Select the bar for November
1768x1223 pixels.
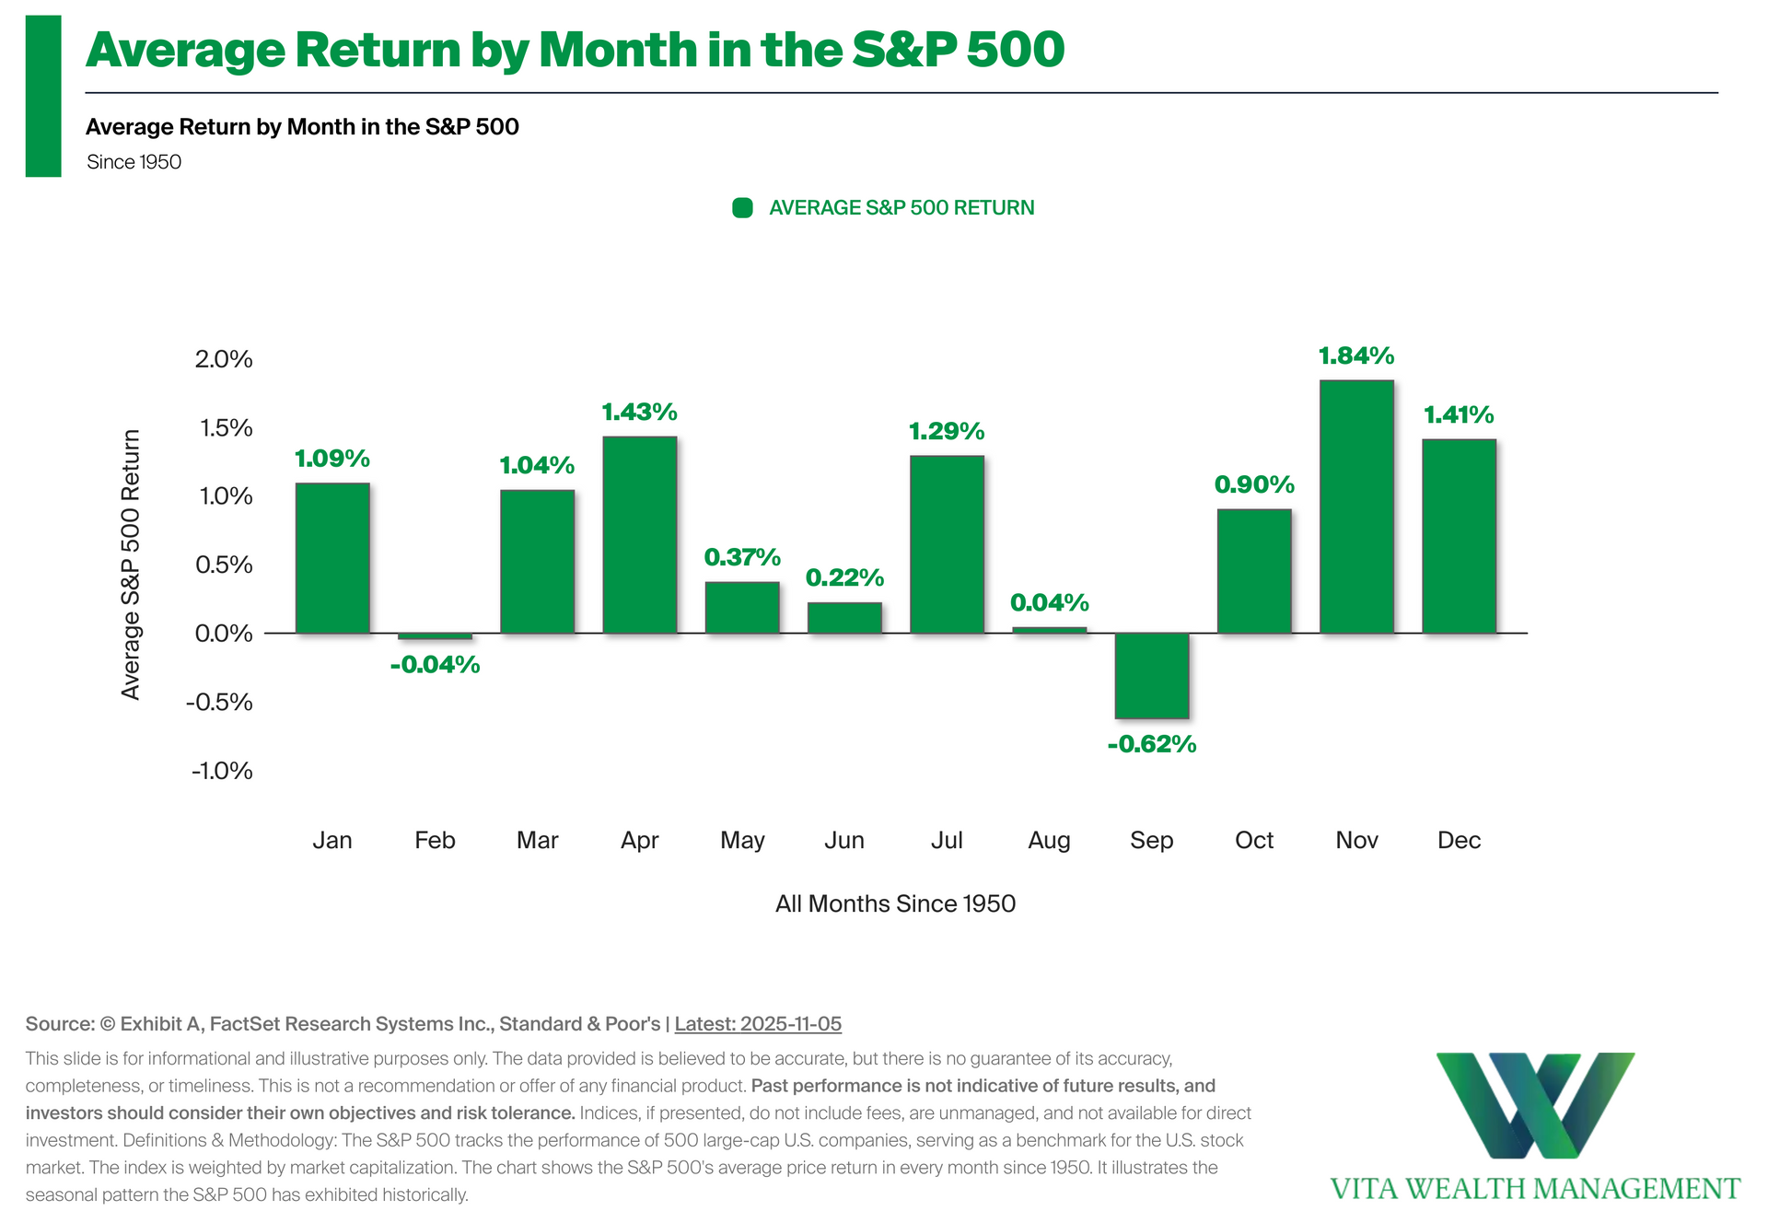(1356, 507)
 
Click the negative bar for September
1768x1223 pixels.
(1151, 675)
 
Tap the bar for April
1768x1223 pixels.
(640, 534)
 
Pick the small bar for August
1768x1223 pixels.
(1049, 630)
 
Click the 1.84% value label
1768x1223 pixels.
(1356, 355)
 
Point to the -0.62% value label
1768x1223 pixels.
(1151, 744)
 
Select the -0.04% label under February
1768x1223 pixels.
(435, 665)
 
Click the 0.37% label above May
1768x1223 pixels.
(742, 557)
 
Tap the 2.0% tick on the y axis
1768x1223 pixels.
(224, 359)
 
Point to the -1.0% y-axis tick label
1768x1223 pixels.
(222, 771)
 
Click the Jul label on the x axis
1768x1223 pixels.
(947, 840)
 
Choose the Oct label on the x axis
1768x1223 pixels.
(1254, 840)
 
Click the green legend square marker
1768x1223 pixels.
(742, 208)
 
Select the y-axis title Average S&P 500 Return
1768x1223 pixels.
(132, 565)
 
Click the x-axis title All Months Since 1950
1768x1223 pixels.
(895, 903)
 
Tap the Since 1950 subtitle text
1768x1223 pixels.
(134, 162)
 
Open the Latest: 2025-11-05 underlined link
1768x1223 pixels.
(758, 1024)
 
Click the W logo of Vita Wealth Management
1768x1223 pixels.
(1535, 1105)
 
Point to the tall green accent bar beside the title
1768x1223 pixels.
(43, 96)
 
